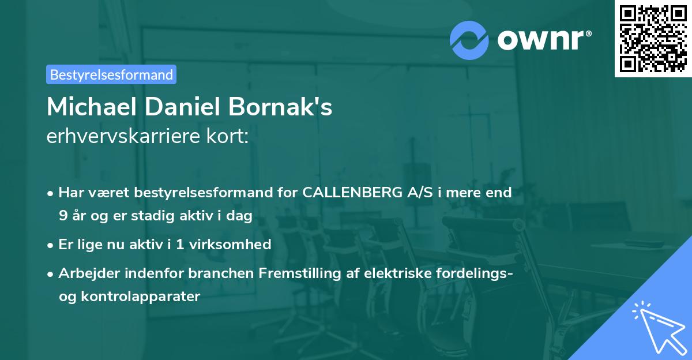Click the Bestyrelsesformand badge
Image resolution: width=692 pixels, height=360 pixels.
[111, 74]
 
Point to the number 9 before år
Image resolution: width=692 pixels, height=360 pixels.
[62, 216]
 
